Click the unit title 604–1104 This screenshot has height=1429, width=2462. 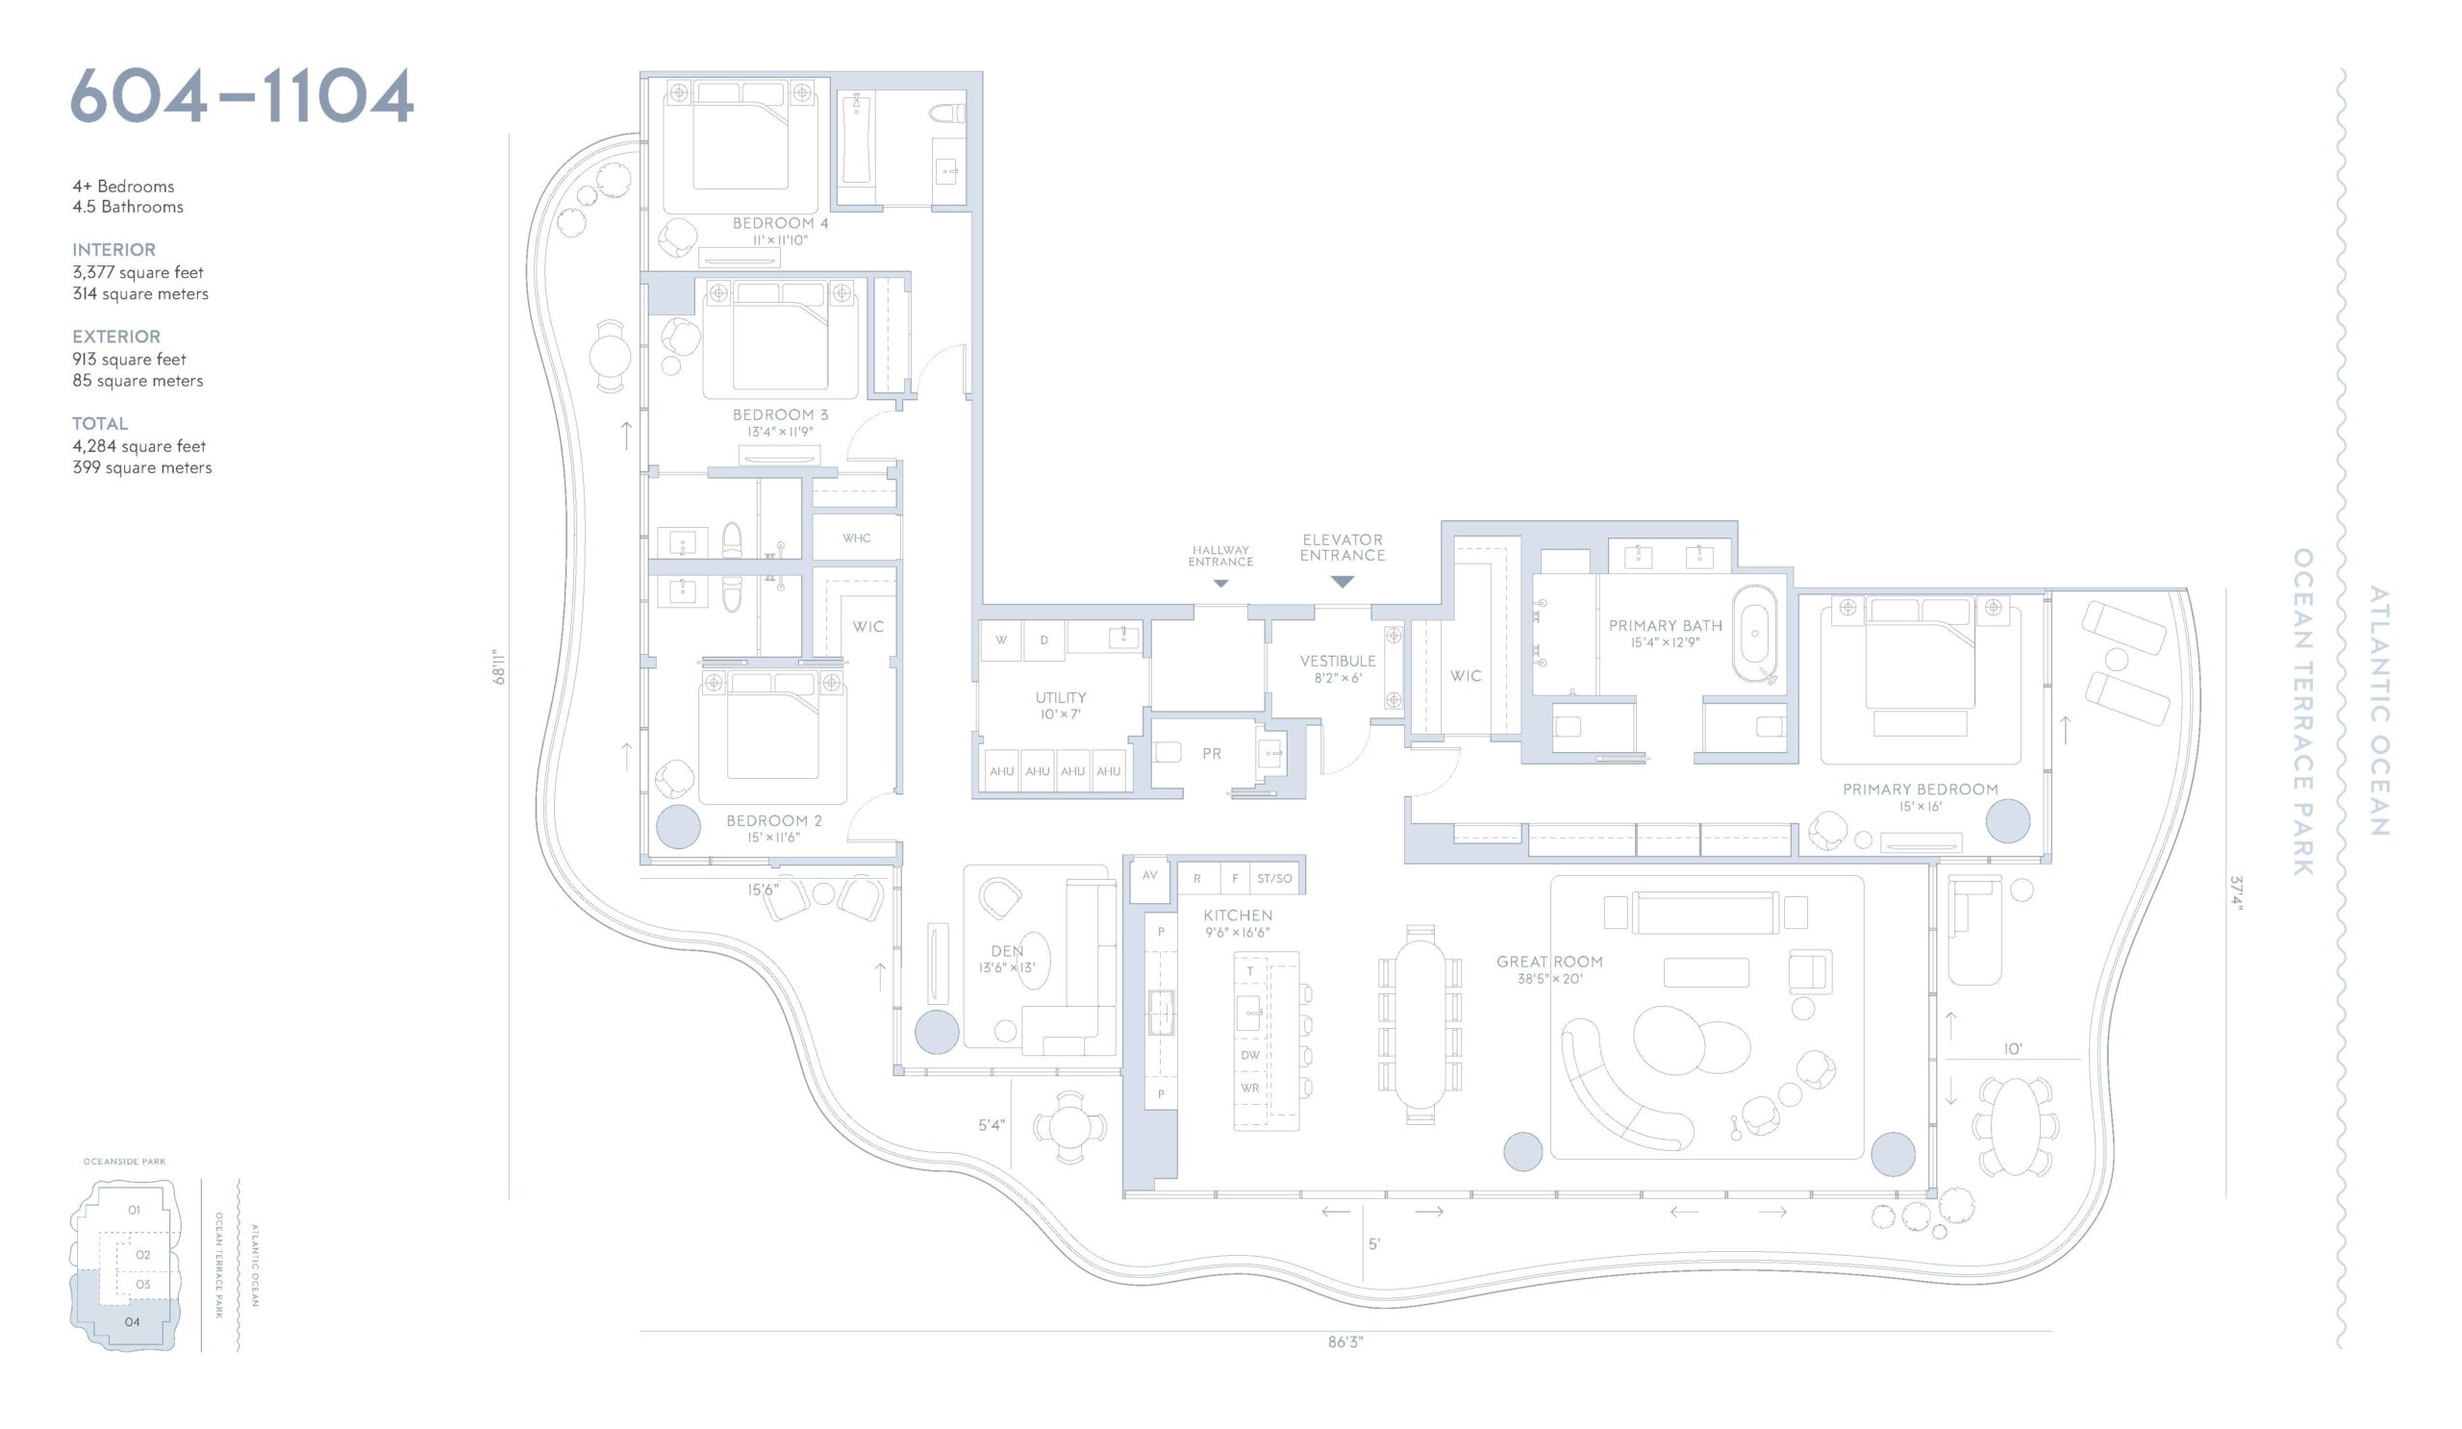point(242,96)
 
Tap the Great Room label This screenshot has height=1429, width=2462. point(1549,962)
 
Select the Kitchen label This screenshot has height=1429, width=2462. point(1238,916)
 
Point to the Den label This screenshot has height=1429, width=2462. point(1007,951)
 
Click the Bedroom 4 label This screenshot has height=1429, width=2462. point(781,224)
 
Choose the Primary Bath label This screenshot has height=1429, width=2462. point(1666,626)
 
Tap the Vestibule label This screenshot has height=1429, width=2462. point(1338,662)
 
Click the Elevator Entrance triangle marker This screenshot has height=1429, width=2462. point(1343,582)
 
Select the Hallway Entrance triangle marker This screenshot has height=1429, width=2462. point(1220,583)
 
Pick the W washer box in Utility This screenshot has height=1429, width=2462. point(1001,640)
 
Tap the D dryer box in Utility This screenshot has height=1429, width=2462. point(1044,640)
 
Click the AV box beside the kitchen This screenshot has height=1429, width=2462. point(1150,877)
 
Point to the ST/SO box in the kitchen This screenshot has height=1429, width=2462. point(1274,879)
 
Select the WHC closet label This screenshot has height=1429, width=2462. point(857,539)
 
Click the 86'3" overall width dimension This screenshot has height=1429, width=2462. point(1345,1343)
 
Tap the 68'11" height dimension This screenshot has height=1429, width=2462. point(498,667)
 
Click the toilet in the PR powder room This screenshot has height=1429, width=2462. point(1168,753)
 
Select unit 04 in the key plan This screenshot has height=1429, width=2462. point(132,1322)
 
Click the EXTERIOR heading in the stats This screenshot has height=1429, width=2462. point(116,337)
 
